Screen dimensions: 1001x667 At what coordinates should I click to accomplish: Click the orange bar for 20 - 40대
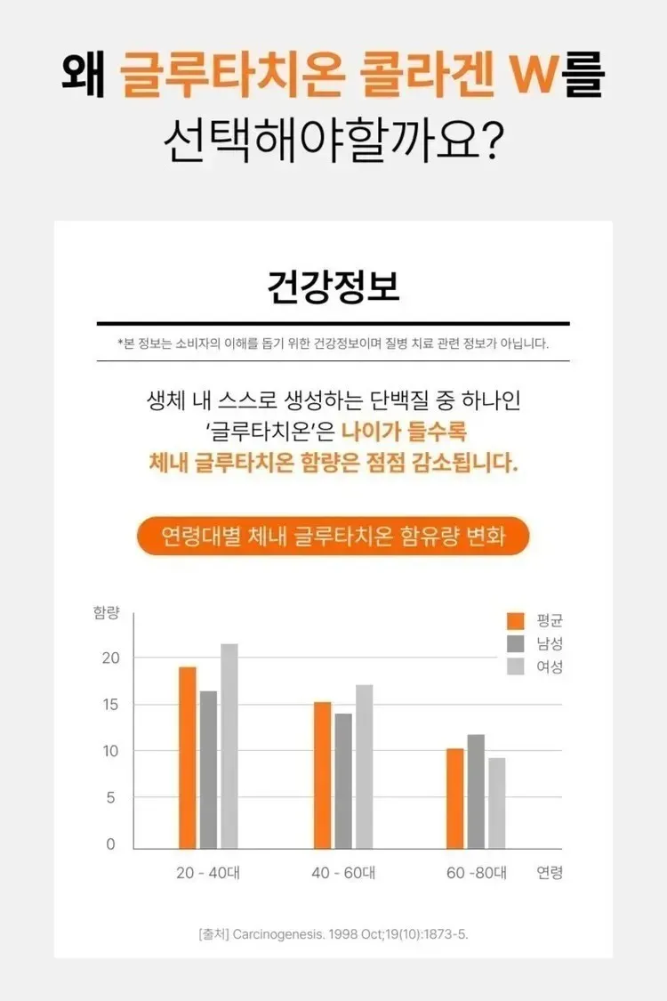187,757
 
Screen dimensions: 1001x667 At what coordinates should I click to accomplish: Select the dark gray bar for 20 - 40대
208,770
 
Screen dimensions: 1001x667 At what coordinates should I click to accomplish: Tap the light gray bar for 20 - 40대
229,746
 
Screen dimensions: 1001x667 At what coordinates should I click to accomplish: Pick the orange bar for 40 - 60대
322,775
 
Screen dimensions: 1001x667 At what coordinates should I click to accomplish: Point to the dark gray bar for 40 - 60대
343,780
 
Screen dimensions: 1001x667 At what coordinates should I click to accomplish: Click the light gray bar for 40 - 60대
365,766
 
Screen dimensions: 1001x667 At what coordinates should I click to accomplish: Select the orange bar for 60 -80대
455,798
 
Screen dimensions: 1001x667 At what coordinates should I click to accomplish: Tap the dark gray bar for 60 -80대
476,791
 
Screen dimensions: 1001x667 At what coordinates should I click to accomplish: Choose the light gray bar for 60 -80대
497,803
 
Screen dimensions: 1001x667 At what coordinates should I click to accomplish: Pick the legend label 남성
550,643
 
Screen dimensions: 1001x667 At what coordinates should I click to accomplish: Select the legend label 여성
550,666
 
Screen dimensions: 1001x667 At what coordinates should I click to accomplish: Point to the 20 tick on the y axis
110,658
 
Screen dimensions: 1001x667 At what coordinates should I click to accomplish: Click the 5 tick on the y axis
111,798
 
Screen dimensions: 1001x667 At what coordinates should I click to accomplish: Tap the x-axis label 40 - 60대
343,873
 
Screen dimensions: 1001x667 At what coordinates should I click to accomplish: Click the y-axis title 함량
106,614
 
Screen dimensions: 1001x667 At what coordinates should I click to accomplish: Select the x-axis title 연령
550,873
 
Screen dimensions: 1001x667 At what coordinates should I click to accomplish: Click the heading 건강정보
333,287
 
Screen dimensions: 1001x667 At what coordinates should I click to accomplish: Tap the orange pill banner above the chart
333,537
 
